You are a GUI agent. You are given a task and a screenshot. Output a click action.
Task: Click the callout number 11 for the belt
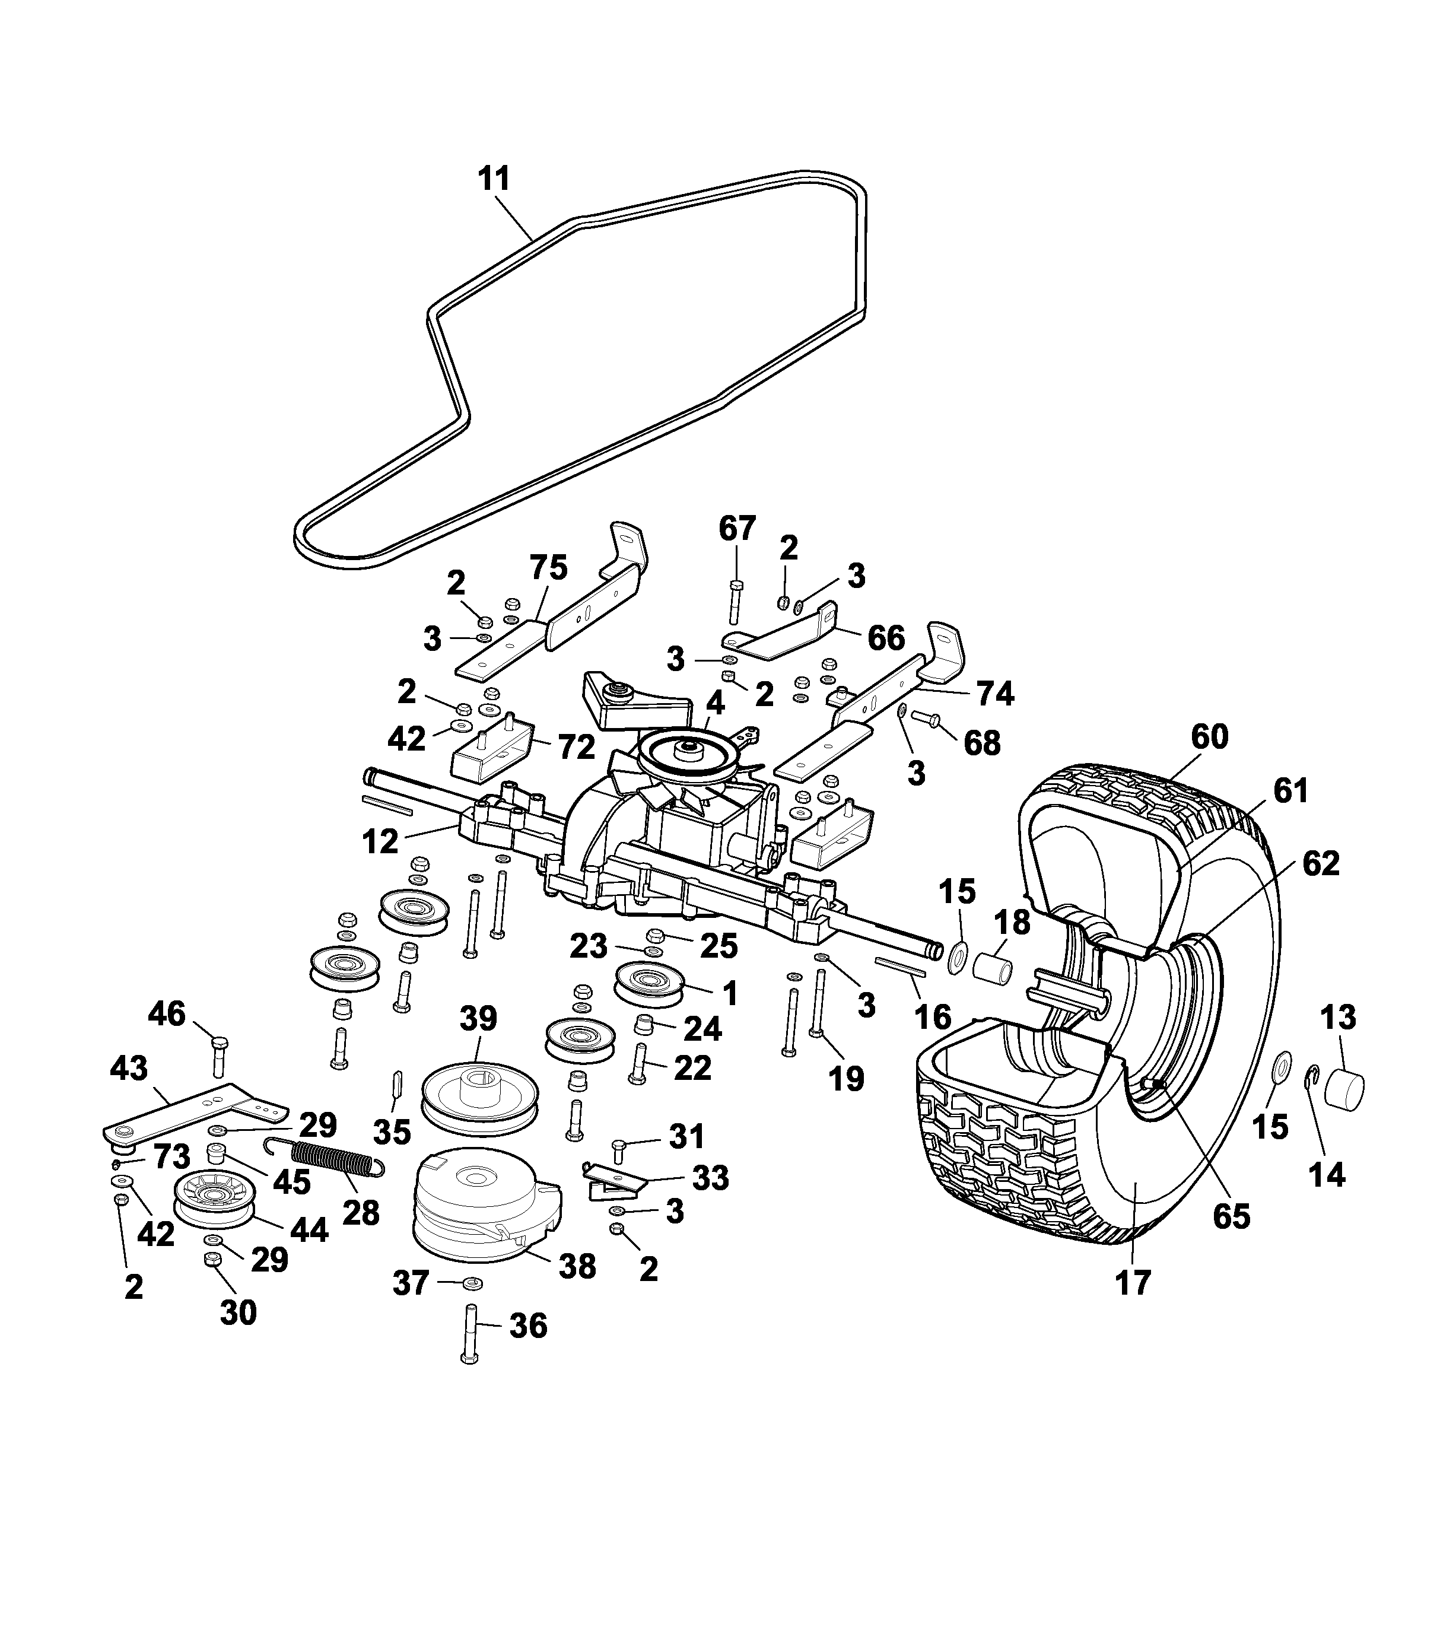click(x=494, y=178)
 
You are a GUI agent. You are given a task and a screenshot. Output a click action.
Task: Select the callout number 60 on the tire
click(x=1209, y=736)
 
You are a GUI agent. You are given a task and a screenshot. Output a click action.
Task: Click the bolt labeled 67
click(x=735, y=600)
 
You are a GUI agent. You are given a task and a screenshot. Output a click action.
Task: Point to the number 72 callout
click(x=576, y=747)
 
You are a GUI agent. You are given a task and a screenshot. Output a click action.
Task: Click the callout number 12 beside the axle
click(x=380, y=842)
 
